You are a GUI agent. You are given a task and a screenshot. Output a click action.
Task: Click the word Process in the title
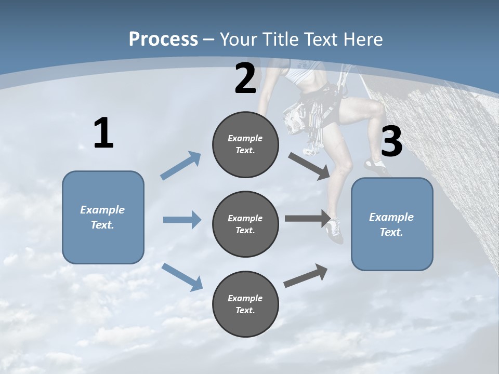pos(163,39)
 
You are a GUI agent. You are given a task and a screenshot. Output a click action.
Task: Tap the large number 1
pos(103,133)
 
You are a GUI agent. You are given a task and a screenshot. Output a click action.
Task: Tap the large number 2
pos(245,78)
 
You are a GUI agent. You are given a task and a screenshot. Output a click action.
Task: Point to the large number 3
pos(391,142)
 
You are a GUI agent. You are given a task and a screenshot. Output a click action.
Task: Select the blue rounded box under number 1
pos(103,217)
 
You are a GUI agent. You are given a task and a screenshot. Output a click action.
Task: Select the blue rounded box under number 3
pos(392,224)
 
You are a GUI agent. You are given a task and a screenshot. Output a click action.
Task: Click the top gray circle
pos(245,144)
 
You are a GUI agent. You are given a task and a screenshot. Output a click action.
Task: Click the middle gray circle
pos(245,224)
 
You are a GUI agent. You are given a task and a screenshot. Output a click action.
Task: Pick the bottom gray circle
pos(245,304)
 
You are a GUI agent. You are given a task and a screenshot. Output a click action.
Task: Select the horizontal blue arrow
pos(182,220)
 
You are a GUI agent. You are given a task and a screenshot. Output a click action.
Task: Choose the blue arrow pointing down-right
pos(182,277)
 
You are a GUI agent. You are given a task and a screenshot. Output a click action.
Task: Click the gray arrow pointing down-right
pos(309,166)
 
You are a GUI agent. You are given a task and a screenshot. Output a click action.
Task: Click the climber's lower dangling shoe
pos(335,231)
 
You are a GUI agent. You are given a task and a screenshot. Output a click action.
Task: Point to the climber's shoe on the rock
pos(375,166)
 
